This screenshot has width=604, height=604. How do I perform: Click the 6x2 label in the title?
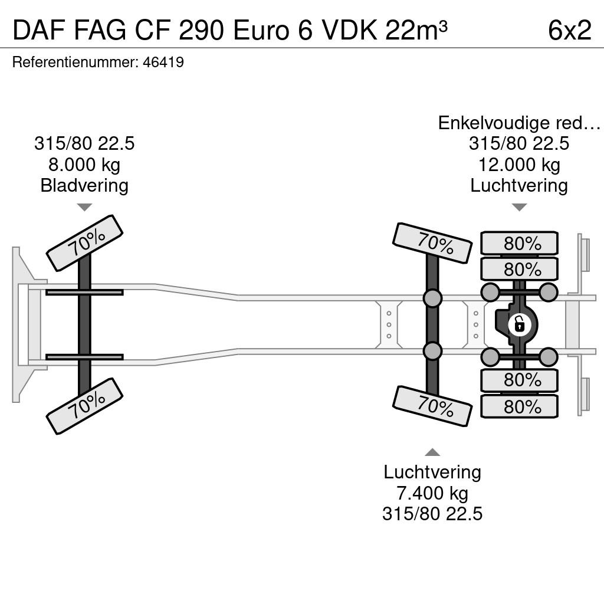pos(569,30)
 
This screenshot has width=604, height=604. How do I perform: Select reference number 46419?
pos(163,62)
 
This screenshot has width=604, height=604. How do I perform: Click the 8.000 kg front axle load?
pos(84,165)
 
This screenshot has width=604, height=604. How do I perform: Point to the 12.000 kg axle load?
pos(519,165)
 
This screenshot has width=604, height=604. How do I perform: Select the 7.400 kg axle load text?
pos(432,493)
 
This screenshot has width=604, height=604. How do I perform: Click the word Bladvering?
pos(84,186)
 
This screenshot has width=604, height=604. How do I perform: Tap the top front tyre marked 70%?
pos(84,243)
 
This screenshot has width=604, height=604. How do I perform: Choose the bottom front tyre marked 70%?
pos(84,406)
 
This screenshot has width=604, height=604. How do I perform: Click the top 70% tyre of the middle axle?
pos(432,243)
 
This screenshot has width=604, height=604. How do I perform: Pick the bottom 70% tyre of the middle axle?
pos(432,406)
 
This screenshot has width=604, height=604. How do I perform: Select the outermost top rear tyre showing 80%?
pos(519,243)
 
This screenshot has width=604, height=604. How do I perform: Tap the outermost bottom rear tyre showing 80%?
pos(519,407)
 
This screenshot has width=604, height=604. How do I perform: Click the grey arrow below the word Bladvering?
pos(84,207)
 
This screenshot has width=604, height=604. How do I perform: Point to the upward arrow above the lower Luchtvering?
pos(432,452)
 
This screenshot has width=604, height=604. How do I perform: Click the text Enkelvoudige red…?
pos(519,123)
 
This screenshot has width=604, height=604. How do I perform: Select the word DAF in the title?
pos(39,30)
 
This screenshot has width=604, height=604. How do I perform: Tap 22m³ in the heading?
pos(416,30)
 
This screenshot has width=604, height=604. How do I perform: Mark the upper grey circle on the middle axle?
pos(432,298)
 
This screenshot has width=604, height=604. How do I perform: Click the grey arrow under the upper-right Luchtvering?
pos(519,207)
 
